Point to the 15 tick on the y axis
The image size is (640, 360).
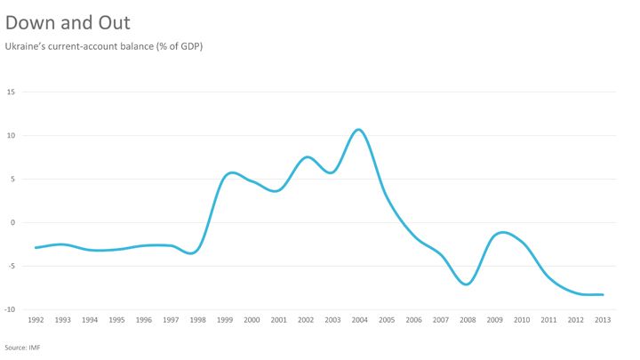[x=12, y=92]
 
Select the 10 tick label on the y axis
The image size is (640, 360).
[x=12, y=135]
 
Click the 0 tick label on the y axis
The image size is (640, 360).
[x=13, y=222]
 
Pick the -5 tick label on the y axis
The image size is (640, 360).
[x=12, y=266]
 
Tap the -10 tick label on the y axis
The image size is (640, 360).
[x=11, y=309]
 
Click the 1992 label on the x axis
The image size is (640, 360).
[x=36, y=320]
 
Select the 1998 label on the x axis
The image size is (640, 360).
[x=197, y=320]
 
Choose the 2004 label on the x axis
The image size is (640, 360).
[x=358, y=320]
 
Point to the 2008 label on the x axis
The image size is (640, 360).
[x=467, y=320]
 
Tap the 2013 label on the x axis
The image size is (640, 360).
[x=602, y=320]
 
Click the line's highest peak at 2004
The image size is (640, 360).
[x=358, y=130]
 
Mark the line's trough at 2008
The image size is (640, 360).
[x=467, y=284]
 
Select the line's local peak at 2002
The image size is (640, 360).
[x=306, y=157]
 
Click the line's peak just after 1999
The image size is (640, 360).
[x=232, y=172]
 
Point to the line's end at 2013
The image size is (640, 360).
[x=604, y=294]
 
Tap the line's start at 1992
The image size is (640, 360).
[x=36, y=247]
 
